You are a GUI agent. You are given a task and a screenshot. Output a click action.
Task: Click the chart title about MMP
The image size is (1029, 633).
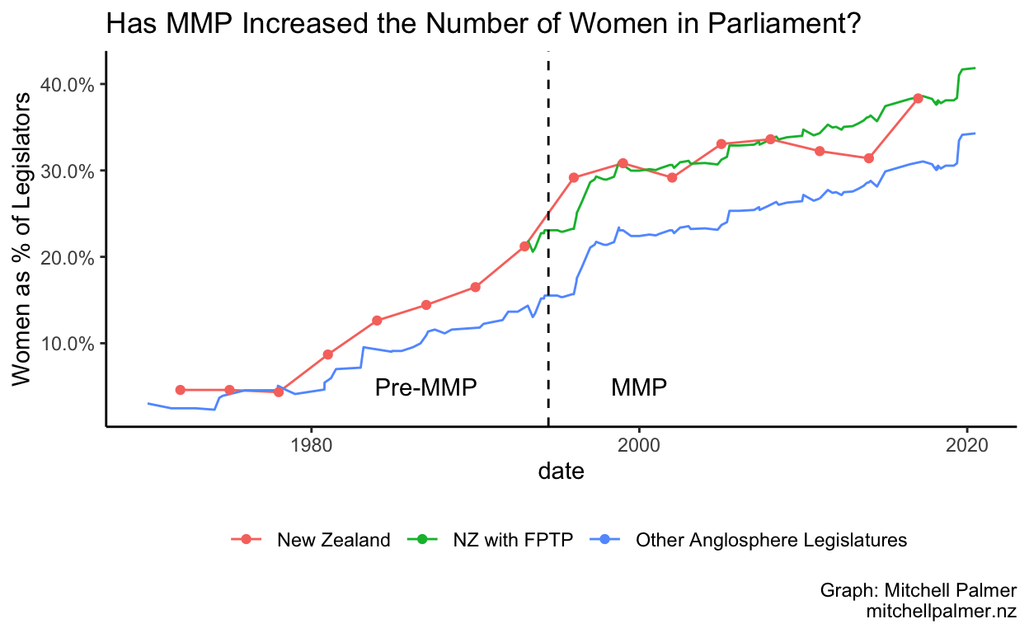484,25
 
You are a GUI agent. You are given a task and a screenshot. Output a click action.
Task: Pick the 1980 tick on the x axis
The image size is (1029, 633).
311,443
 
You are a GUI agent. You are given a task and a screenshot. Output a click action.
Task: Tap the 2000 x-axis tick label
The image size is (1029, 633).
639,443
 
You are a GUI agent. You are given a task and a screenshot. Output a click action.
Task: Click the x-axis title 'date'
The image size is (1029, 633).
561,471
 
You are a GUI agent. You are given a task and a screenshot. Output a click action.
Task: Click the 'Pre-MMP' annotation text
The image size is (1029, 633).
425,387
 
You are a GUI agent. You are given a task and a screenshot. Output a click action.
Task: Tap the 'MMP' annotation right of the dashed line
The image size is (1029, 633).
639,387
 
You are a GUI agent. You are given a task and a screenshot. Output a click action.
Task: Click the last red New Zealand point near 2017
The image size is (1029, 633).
918,98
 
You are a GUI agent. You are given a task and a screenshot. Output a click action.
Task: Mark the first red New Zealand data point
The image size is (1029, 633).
180,390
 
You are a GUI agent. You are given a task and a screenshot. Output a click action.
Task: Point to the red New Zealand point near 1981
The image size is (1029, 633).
327,354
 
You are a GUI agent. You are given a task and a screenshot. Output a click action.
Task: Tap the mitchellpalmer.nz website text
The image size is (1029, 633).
942,612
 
